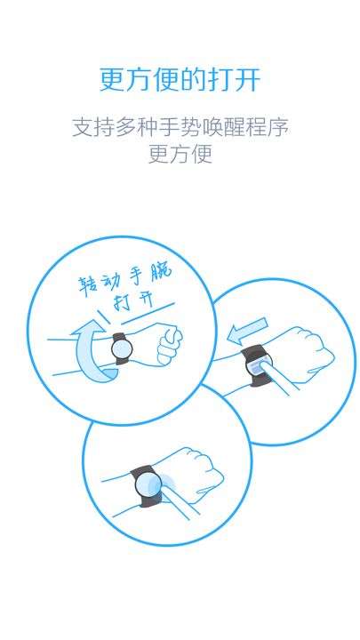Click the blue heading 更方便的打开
[180, 79]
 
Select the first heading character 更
[113, 79]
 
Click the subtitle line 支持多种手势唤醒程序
[180, 127]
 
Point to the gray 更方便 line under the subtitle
[180, 154]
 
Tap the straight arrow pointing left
[245, 334]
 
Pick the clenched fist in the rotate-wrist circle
[168, 345]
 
